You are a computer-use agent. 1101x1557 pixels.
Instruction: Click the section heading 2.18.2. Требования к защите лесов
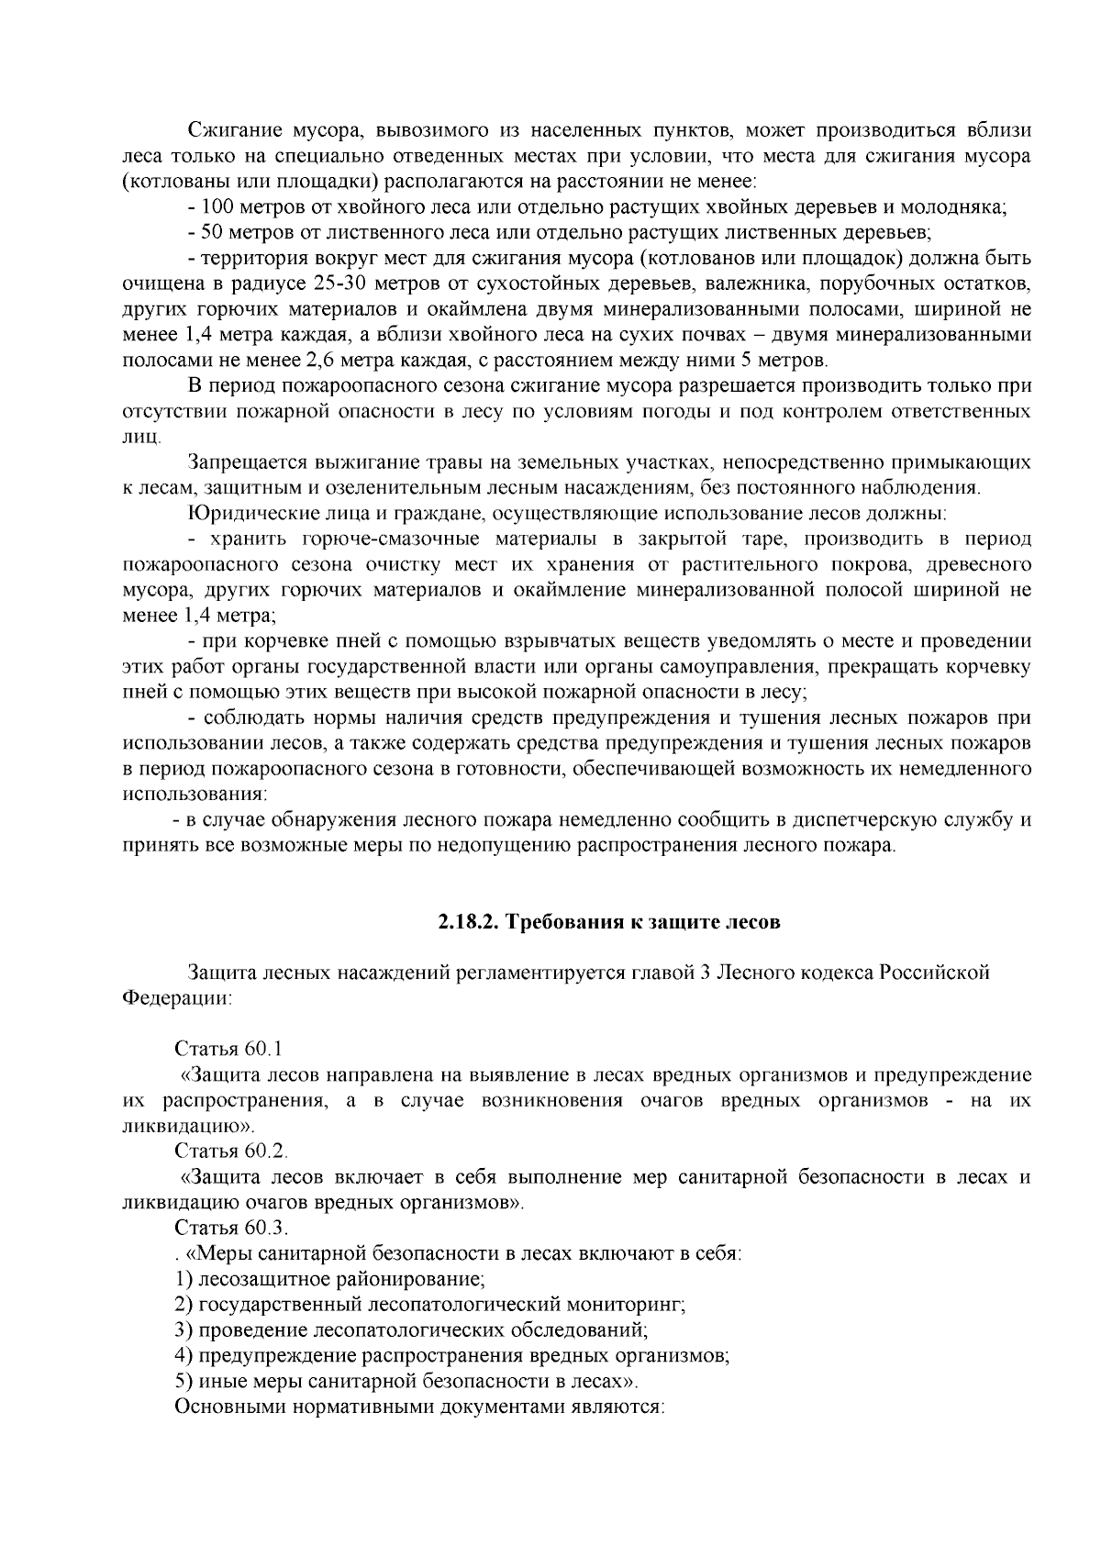point(608,922)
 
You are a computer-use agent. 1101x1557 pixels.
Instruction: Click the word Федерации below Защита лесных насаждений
point(176,997)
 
